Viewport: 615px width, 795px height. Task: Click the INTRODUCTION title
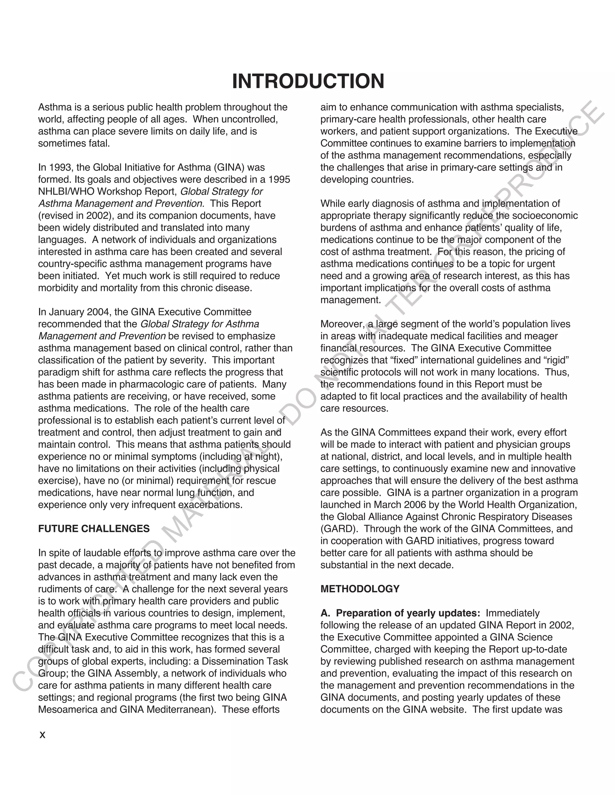click(x=308, y=81)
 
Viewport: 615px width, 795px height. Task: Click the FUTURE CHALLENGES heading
click(x=94, y=529)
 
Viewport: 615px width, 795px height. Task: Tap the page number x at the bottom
click(x=42, y=735)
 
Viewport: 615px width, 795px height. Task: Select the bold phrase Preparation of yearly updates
click(x=408, y=613)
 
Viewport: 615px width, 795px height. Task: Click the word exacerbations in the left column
click(x=210, y=505)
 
